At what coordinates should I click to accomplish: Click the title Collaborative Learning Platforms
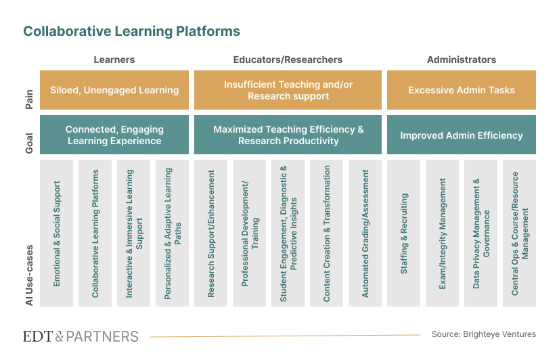pos(131,31)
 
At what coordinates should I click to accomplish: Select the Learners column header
pos(114,60)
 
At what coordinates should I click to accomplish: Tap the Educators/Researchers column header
pos(288,60)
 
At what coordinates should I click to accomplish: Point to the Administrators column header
pos(461,60)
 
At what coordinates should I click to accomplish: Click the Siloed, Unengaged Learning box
pos(113,90)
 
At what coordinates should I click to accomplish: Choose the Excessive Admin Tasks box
pos(462,90)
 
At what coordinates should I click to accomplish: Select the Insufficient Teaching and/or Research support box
pos(288,90)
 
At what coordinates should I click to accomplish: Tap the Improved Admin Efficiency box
pos(462,135)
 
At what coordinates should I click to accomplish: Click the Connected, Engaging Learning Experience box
pos(113,135)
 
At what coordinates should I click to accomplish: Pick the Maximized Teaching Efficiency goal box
pos(288,135)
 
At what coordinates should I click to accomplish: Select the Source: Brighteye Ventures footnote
pos(483,334)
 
